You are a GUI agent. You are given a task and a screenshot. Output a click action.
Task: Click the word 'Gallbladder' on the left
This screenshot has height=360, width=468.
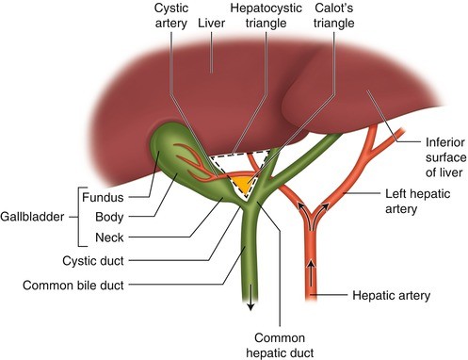point(37,216)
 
